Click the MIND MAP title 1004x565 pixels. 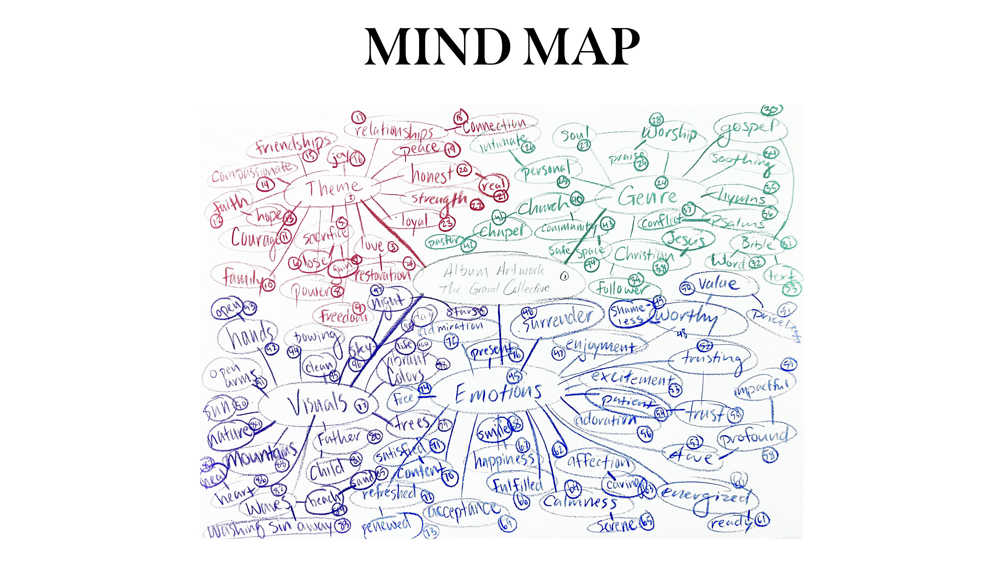502,48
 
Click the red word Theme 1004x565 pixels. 334,188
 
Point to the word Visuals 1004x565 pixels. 318,404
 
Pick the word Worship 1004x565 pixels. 669,133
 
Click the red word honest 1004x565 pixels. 432,174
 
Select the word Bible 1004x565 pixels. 757,244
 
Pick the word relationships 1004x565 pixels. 394,131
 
